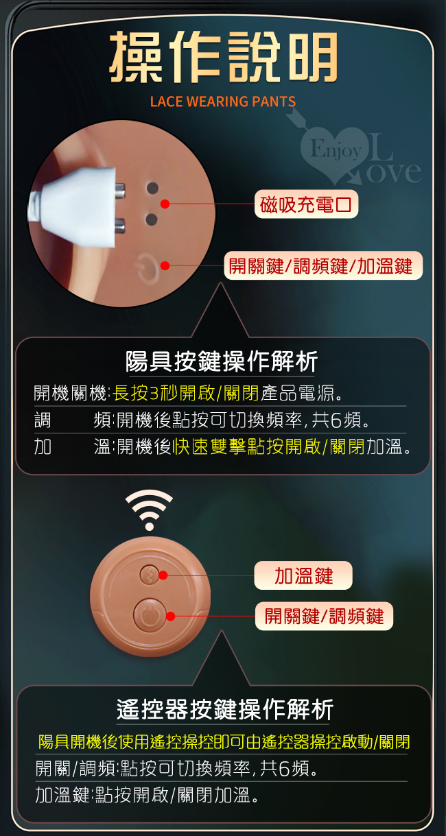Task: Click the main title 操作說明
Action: (x=224, y=57)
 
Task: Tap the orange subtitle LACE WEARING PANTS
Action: (x=223, y=101)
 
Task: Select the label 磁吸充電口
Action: (x=306, y=204)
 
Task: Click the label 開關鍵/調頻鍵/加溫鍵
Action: (x=323, y=265)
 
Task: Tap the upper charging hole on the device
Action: (x=152, y=188)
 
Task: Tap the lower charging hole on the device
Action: (x=151, y=219)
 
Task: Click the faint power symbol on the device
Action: (x=148, y=267)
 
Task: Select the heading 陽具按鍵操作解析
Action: (x=222, y=361)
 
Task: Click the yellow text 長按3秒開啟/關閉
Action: (x=186, y=392)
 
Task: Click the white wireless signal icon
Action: (x=150, y=510)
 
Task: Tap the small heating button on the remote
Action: (x=149, y=575)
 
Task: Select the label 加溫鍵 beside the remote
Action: (x=303, y=575)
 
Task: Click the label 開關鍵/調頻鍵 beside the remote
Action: (x=324, y=616)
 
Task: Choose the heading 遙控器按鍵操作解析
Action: (x=225, y=710)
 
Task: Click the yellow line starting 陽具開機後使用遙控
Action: (x=224, y=741)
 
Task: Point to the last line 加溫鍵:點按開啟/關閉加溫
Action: (x=146, y=795)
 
